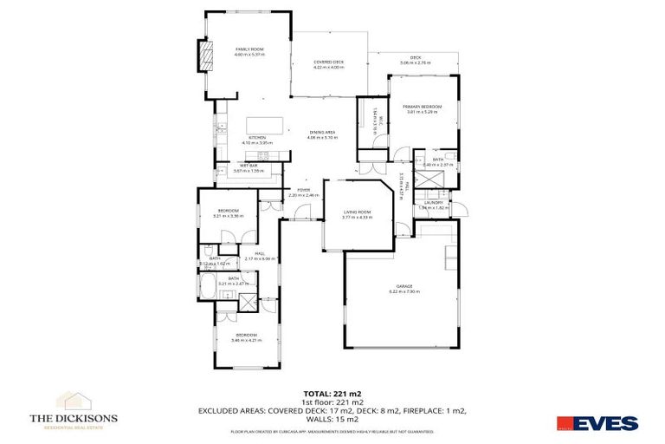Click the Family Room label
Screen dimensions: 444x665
pyautogui.click(x=249, y=49)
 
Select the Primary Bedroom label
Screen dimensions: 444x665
pyautogui.click(x=423, y=107)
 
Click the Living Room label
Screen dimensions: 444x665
pyautogui.click(x=357, y=212)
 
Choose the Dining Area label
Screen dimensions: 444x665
pyautogui.click(x=322, y=133)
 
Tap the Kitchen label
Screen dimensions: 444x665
pyautogui.click(x=257, y=137)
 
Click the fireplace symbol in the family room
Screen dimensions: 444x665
pyautogui.click(x=205, y=59)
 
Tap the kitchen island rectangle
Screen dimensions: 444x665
pyautogui.click(x=262, y=125)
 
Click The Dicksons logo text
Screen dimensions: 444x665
pyautogui.click(x=74, y=418)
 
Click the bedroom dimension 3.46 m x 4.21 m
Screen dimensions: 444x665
pyautogui.click(x=247, y=340)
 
